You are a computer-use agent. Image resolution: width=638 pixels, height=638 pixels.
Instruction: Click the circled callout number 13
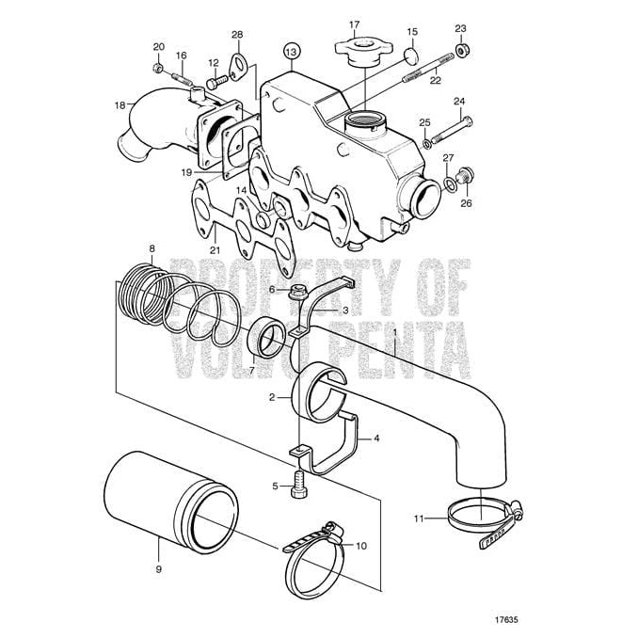(x=292, y=50)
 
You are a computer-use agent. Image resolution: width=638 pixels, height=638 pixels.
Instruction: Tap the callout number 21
(x=215, y=249)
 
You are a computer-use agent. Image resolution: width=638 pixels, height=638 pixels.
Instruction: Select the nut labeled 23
(x=461, y=49)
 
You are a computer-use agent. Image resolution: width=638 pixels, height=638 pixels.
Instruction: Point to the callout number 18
(x=120, y=104)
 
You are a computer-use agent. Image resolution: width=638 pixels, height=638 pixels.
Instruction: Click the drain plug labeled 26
(x=465, y=175)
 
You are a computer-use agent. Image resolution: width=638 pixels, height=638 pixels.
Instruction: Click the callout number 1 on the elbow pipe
(x=396, y=330)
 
